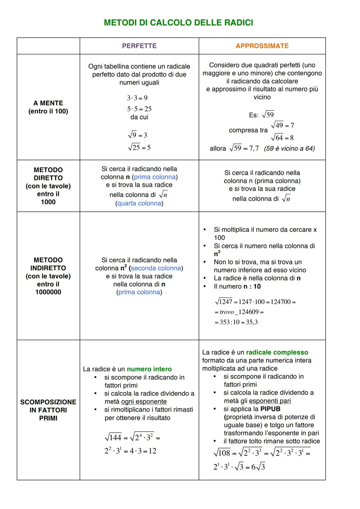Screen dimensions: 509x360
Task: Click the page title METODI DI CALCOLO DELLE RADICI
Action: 178,23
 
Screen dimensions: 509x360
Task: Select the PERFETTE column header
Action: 139,46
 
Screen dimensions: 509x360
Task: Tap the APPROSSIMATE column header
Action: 262,46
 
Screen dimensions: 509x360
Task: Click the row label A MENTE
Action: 48,103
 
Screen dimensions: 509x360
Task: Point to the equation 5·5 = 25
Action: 139,109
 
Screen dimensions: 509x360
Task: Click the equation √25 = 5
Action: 139,147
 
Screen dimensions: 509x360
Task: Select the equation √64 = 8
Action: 282,137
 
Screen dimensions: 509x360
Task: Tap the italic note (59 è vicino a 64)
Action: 289,148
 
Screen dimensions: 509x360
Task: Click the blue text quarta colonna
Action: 139,203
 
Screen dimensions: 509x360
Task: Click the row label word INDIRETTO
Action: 48,268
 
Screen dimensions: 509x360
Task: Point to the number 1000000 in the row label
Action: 48,292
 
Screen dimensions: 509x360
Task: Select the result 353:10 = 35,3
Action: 236,322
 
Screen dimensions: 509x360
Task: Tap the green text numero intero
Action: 149,369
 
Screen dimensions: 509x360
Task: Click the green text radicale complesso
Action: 277,352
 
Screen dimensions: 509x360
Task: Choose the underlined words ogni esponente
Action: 144,402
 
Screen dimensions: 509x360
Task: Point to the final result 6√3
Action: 258,467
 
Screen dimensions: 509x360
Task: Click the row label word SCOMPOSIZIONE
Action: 48,402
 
